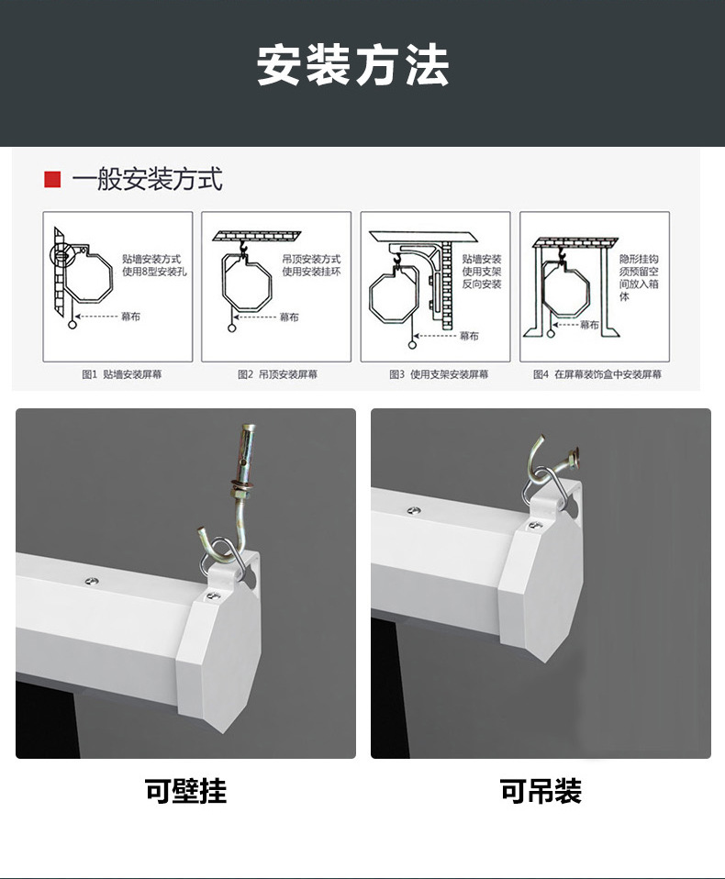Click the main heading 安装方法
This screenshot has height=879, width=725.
pos(353,66)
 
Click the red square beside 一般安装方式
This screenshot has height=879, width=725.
pos(52,179)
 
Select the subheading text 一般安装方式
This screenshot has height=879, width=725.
pos(147,179)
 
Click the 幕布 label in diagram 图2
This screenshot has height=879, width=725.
pos(288,317)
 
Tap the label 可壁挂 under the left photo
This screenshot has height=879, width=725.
pos(185,791)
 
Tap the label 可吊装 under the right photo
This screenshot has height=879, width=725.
pos(541,791)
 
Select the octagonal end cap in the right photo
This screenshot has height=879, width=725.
pos(545,587)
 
